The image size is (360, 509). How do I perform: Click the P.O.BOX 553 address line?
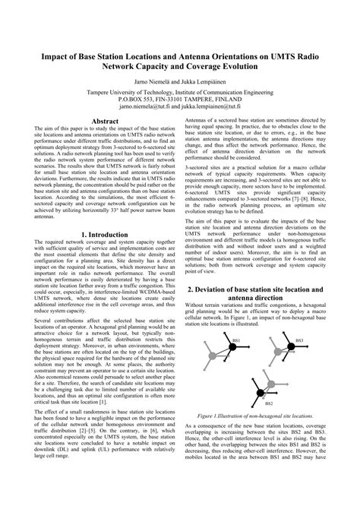(180, 99)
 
